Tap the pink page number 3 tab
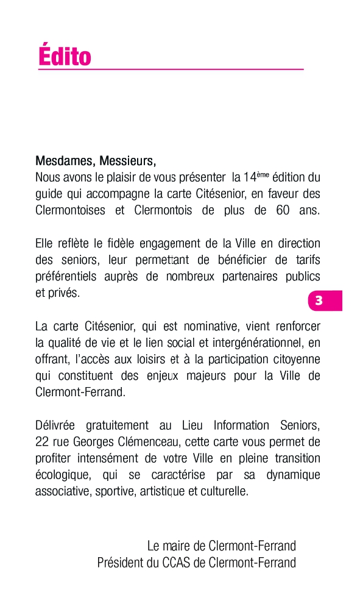[x=320, y=301]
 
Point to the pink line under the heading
[x=171, y=69]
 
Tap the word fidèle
[x=119, y=244]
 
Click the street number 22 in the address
[x=42, y=441]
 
